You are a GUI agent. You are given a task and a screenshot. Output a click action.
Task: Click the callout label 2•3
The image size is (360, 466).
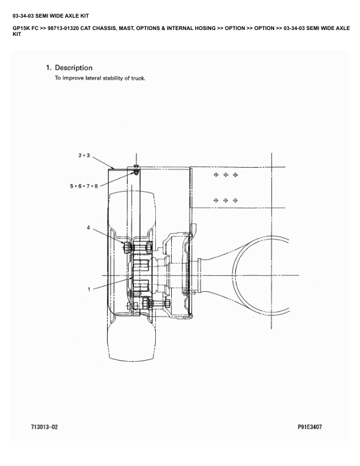tap(84, 155)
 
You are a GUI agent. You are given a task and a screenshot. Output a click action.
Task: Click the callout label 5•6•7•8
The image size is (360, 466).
tap(84, 187)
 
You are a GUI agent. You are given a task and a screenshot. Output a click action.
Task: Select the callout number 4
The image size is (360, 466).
tap(88, 228)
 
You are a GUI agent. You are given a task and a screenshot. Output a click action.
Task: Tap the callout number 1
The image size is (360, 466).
tap(89, 289)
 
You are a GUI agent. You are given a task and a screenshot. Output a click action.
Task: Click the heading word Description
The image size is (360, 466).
tap(74, 68)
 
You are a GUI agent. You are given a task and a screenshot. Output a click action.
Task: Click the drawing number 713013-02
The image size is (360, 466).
tap(45, 427)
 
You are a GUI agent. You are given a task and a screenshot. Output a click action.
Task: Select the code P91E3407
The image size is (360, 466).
tap(310, 427)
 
